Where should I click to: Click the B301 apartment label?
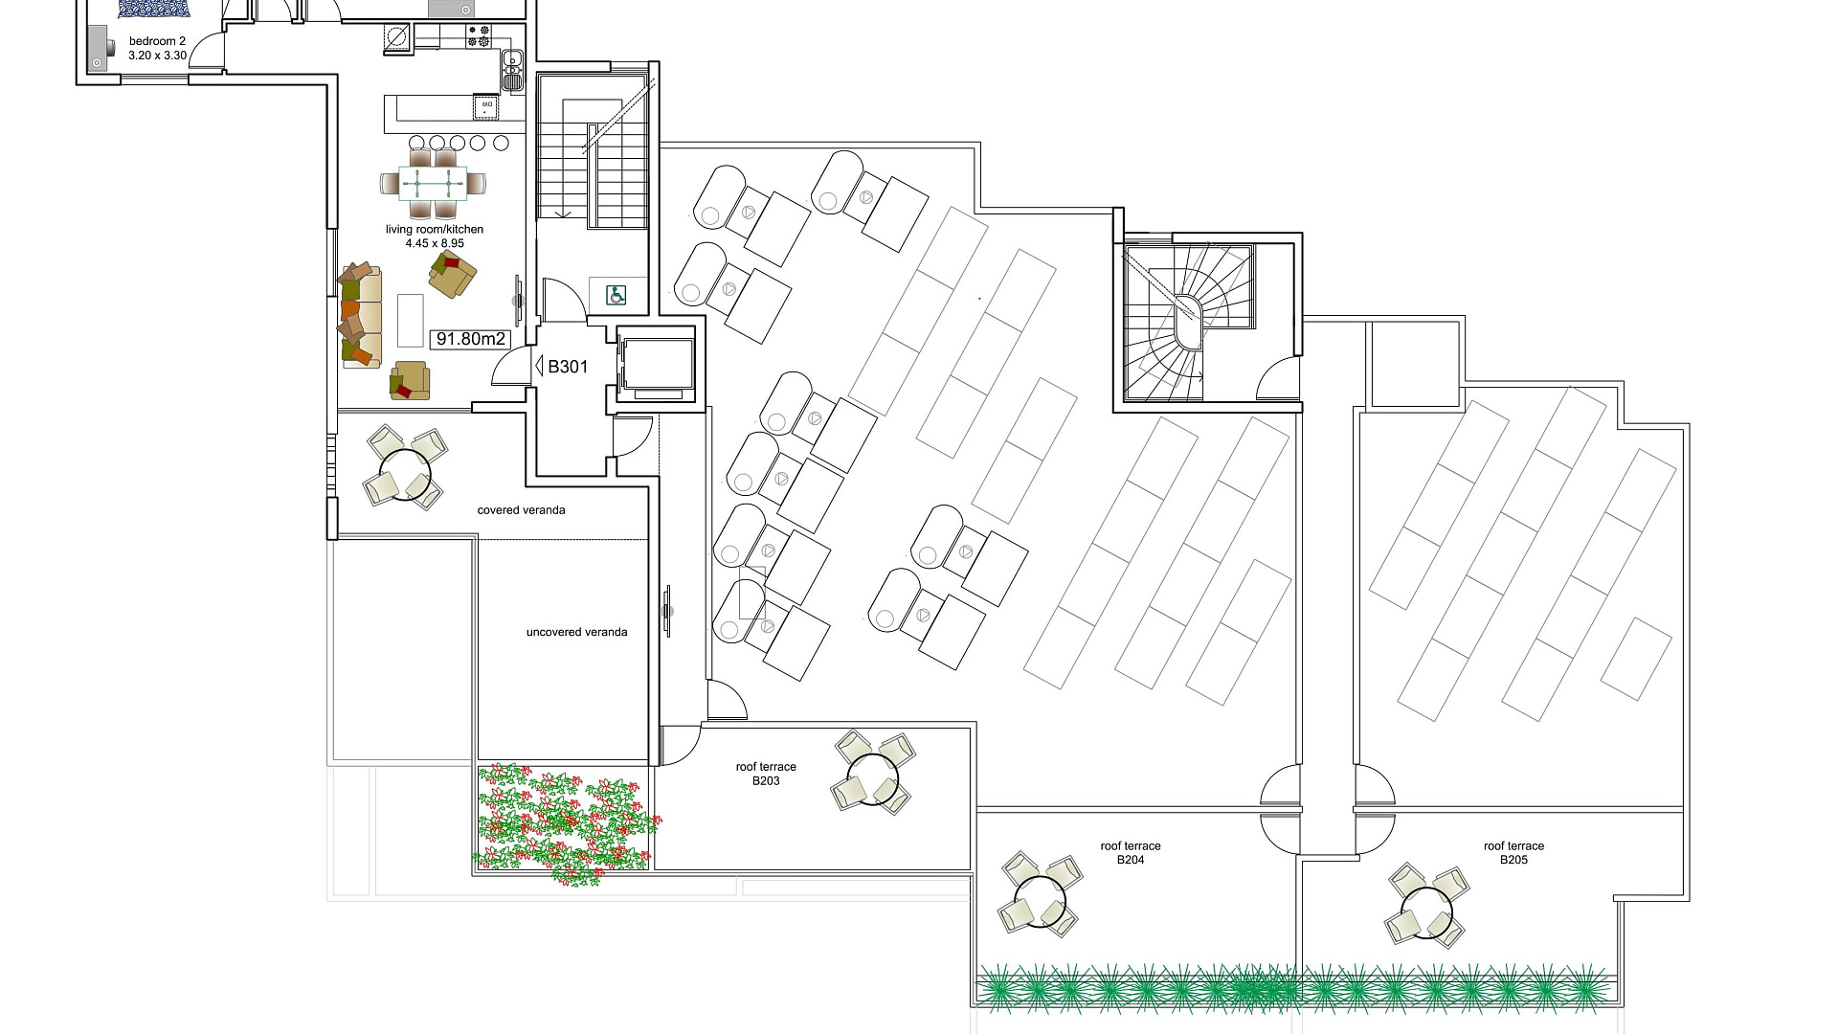568,367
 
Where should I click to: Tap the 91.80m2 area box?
469,339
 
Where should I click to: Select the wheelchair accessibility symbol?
617,295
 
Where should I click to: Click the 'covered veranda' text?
521,510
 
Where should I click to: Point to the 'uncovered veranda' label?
576,632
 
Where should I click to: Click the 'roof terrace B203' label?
766,774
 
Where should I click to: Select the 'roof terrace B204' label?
1131,853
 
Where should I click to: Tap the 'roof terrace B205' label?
1513,853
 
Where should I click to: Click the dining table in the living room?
434,182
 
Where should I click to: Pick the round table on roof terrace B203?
873,778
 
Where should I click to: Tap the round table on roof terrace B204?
1040,902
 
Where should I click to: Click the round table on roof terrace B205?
1426,913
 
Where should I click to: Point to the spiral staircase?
1188,323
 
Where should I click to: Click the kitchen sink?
512,69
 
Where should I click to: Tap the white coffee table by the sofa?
410,320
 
